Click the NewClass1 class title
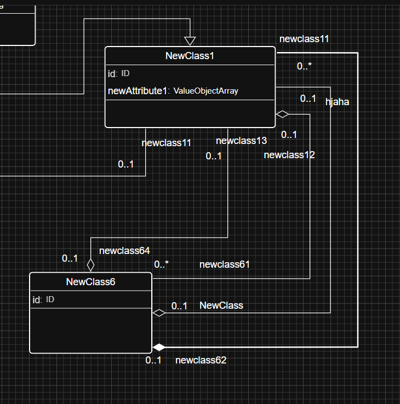190,56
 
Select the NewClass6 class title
90,282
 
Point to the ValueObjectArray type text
206,91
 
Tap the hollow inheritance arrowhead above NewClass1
190,41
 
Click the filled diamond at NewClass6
158,347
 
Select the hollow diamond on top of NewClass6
90,264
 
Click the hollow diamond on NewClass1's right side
282,114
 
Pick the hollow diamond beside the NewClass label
158,313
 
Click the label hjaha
338,102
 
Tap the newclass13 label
241,141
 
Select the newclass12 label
289,155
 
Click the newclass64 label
124,251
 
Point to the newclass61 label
225,264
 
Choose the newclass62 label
201,360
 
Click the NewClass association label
221,305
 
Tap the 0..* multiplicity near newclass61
161,264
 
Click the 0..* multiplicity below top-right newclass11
304,66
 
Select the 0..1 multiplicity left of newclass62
153,360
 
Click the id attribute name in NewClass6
37,299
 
